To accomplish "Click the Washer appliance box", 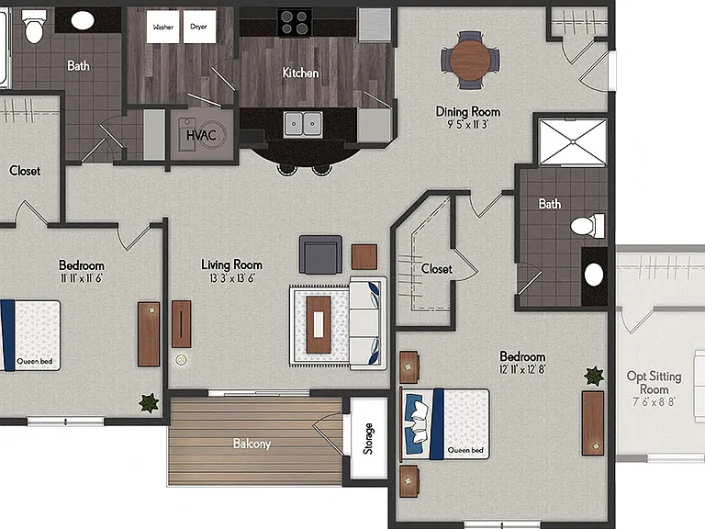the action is pos(162,27).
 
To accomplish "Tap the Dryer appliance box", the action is pos(199,27).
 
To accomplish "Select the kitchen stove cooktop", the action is pos(295,22).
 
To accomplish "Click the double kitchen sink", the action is pos(303,123).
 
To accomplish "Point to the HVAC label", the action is pos(201,135).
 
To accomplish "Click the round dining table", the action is pos(470,60).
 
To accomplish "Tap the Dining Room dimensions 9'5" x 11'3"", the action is pos(467,125).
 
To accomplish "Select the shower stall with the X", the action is pos(573,142).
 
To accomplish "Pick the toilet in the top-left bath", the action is pos(34,27).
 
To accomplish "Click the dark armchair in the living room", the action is pos(320,255).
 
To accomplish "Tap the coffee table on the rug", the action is pos(319,324).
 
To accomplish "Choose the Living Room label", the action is pos(231,264).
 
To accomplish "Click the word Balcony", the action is pos(252,444).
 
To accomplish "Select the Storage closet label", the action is pos(368,439).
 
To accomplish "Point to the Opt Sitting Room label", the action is pos(655,382).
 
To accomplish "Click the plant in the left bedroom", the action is pos(149,402).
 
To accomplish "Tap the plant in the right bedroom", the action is pos(594,376).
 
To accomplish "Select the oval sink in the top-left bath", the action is pos(83,20).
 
